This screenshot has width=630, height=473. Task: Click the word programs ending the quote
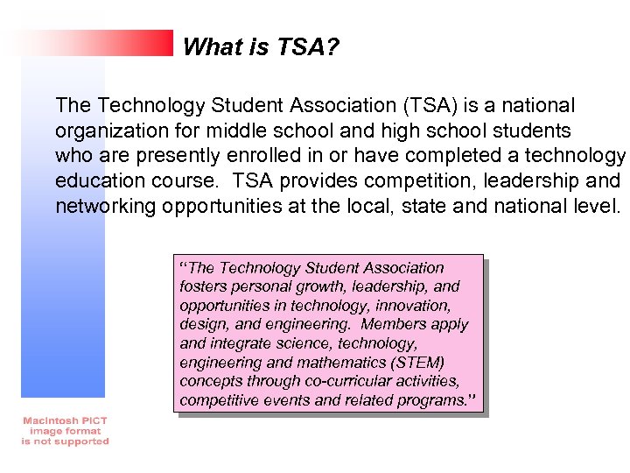coord(432,400)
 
